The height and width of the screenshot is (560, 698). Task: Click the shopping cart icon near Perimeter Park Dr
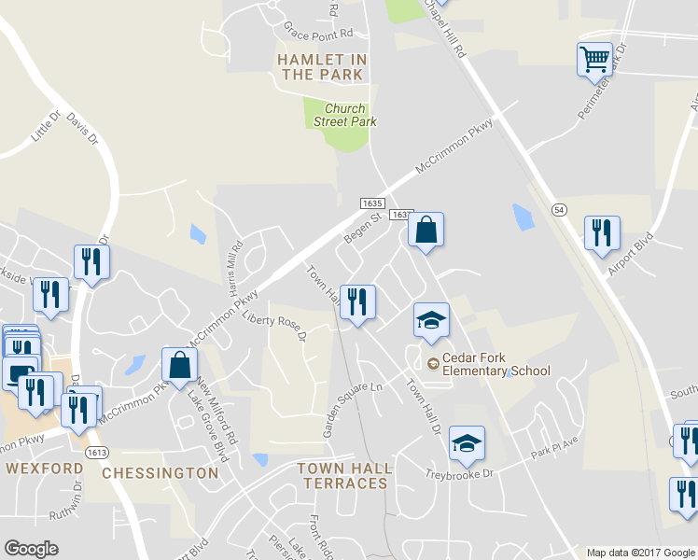(x=594, y=61)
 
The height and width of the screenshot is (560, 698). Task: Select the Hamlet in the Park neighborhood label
(x=322, y=67)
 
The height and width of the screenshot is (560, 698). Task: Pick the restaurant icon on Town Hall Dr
(x=357, y=302)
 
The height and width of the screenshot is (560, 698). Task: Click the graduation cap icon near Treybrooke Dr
(x=467, y=443)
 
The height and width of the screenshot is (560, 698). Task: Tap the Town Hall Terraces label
(x=342, y=475)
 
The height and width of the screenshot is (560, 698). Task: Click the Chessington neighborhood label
(x=160, y=472)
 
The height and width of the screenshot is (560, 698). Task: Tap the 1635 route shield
(x=371, y=203)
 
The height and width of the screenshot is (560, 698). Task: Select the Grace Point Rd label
(x=319, y=32)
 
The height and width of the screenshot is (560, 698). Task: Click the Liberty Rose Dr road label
(x=274, y=326)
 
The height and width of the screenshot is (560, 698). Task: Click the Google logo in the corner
(x=31, y=549)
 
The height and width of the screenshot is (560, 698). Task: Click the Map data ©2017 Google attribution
(x=640, y=553)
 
